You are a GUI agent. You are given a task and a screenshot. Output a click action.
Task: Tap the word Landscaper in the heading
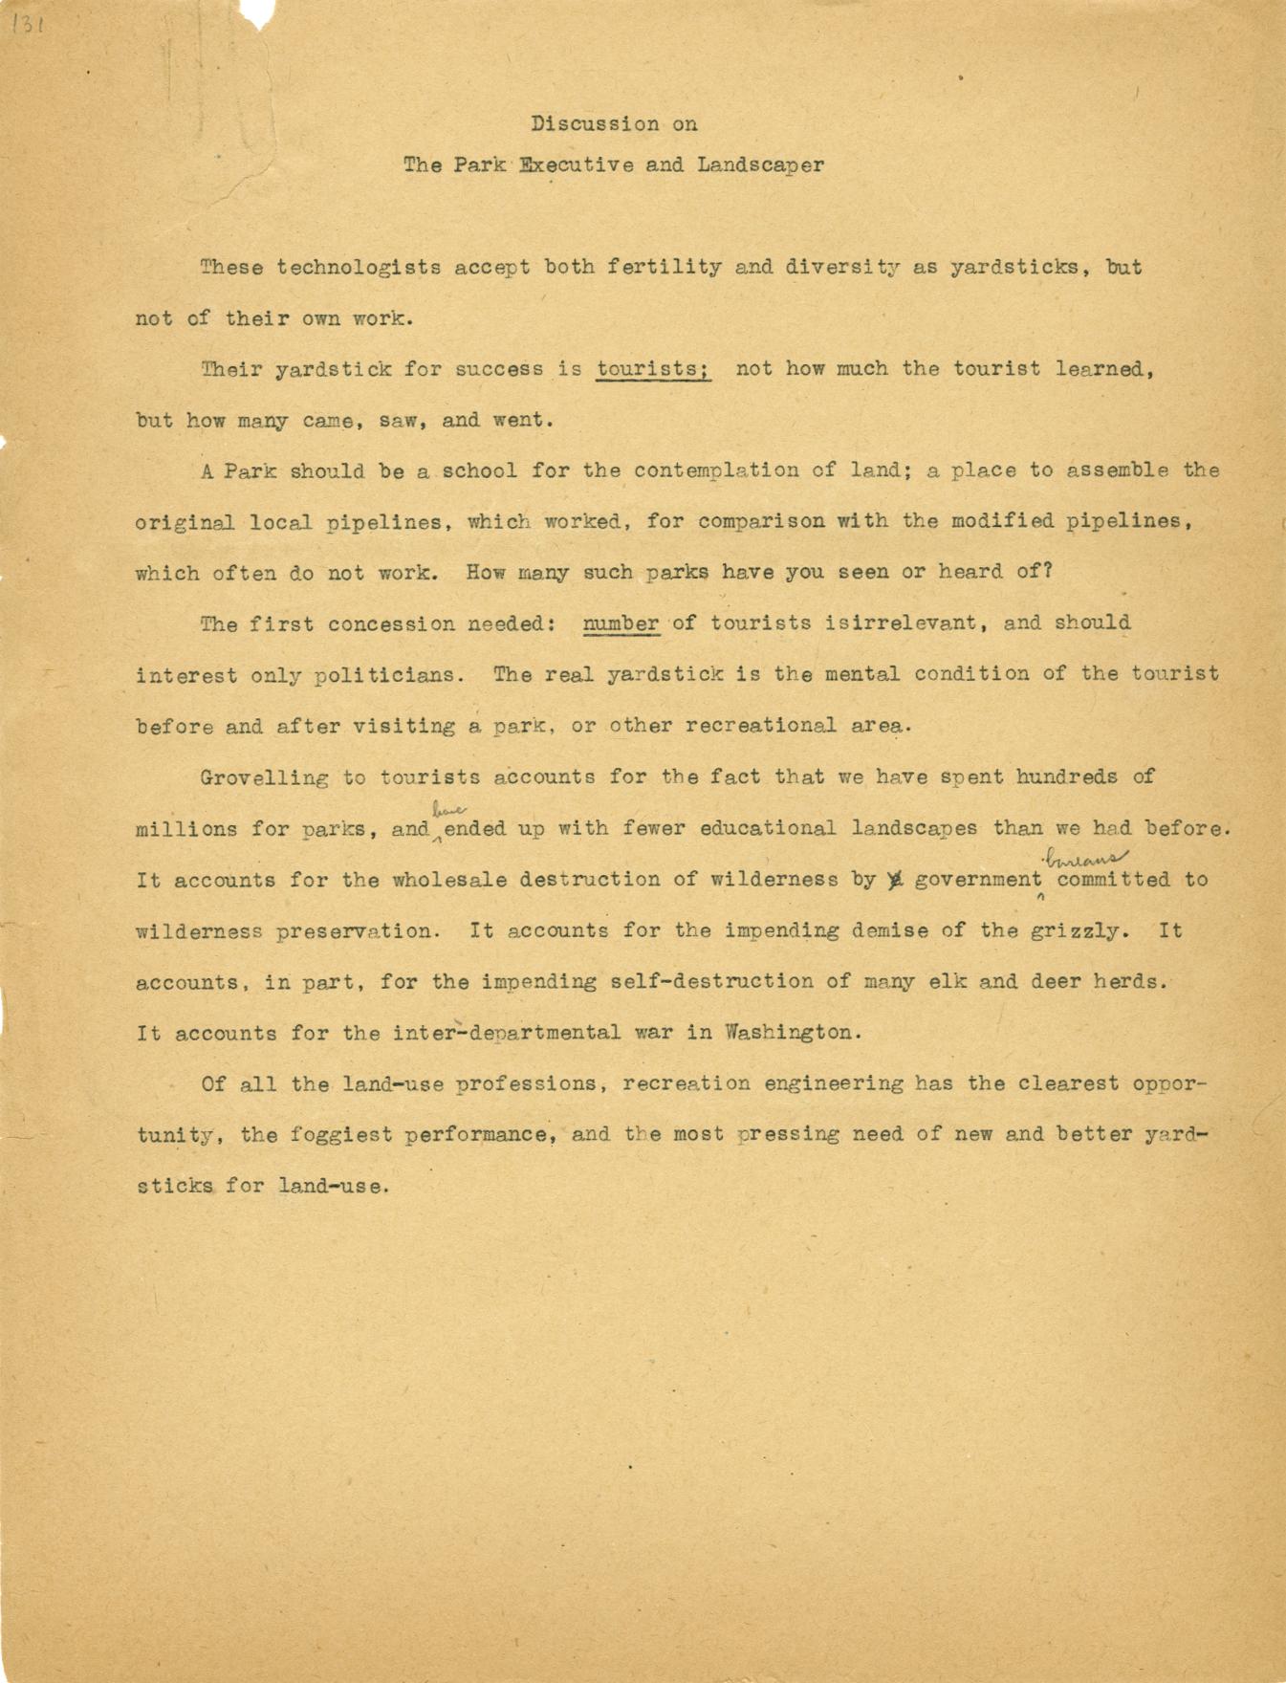pyautogui.click(x=760, y=164)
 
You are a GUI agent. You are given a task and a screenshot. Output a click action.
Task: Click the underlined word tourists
pyautogui.click(x=653, y=369)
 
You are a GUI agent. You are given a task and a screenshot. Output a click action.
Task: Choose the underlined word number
pyautogui.click(x=621, y=623)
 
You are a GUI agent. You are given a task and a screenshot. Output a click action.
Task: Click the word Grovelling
pyautogui.click(x=265, y=776)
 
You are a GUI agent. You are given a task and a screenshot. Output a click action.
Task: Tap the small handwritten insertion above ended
pyautogui.click(x=442, y=809)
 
